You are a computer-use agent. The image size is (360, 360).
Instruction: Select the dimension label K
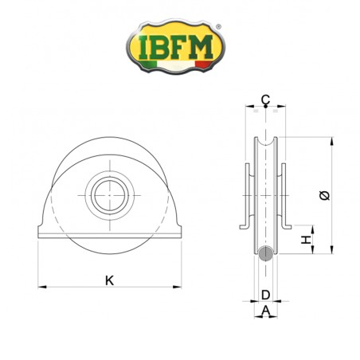point(108,280)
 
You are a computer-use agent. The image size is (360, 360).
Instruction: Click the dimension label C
point(265,100)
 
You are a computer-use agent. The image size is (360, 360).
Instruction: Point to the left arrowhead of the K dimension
point(41,285)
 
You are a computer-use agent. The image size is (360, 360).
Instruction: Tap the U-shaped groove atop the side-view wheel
point(265,144)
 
